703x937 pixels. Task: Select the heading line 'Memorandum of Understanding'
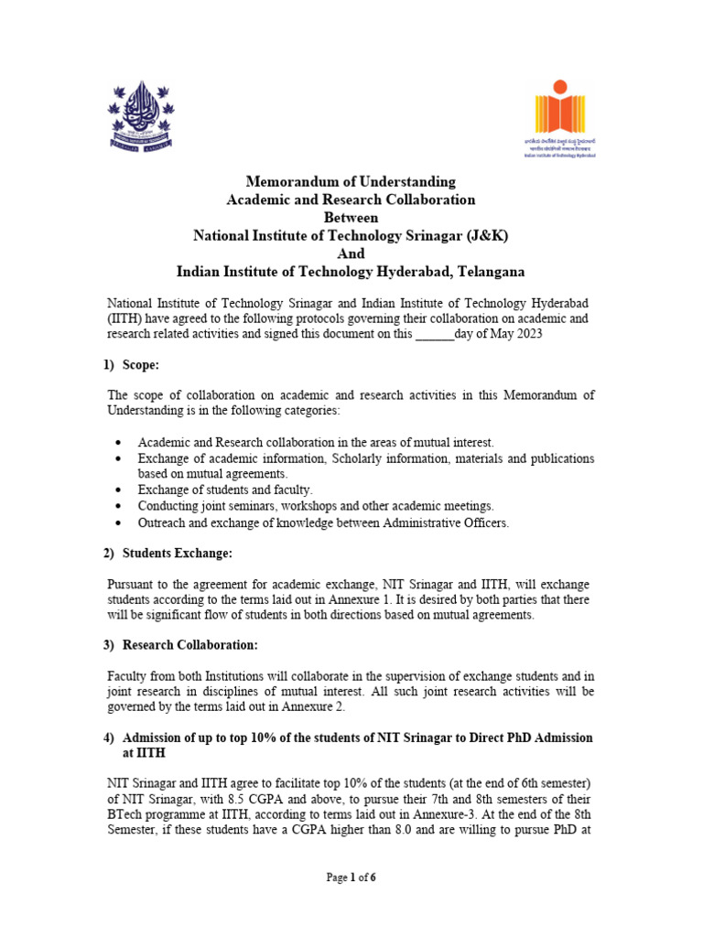coord(351,181)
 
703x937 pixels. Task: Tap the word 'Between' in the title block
coord(351,218)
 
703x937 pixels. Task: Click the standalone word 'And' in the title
coord(351,254)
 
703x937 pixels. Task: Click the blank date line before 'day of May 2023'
coord(435,334)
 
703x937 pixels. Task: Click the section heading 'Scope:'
coord(141,365)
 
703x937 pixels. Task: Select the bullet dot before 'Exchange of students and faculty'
coord(120,490)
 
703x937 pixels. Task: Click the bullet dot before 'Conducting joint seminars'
coord(120,506)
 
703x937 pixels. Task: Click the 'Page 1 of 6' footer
coord(351,878)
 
